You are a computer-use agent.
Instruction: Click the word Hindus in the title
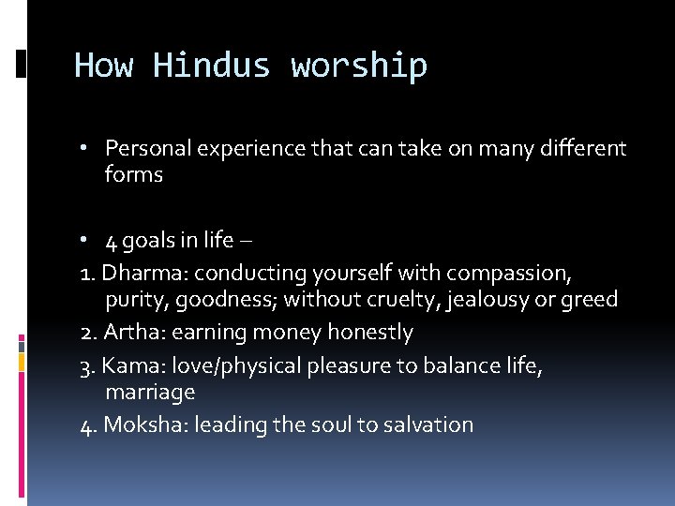(212, 66)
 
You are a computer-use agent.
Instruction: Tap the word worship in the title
(359, 67)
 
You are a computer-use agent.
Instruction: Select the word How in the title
(104, 66)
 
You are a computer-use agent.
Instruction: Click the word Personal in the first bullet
(143, 148)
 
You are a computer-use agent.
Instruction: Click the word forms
(134, 175)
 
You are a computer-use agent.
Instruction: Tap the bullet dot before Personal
(85, 148)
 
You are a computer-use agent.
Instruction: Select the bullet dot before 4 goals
(85, 240)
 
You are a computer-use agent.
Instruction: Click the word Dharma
(137, 273)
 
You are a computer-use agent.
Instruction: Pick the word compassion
(507, 273)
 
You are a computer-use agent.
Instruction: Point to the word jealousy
(496, 300)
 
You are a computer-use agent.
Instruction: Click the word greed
(592, 300)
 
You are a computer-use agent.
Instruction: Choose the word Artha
(128, 332)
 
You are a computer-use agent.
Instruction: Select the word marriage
(150, 392)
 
